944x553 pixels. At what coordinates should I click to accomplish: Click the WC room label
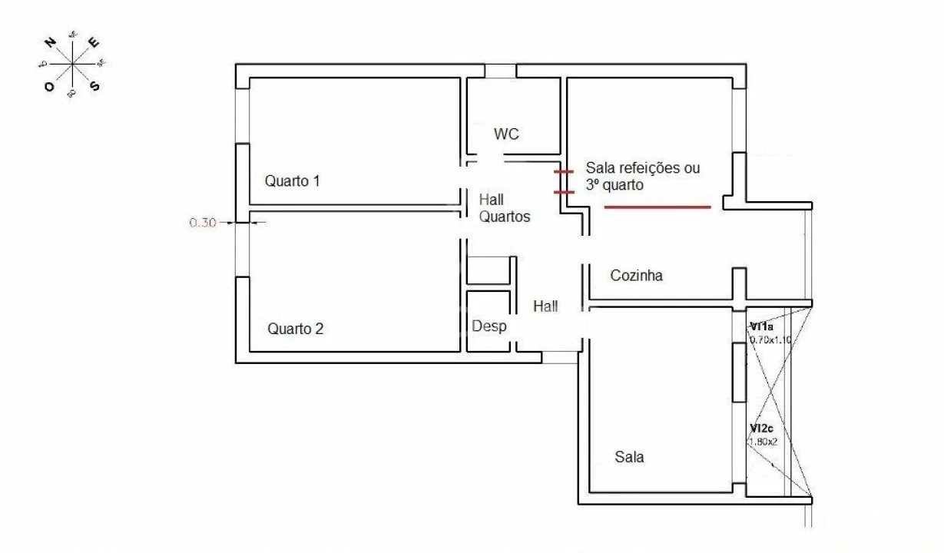point(506,134)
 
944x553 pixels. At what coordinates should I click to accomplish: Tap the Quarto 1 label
point(292,182)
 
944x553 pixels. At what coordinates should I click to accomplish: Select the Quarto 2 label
point(295,329)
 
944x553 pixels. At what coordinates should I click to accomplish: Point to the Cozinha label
point(636,275)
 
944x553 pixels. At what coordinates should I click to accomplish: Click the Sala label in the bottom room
point(629,457)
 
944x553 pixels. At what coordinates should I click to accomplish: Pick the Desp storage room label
point(489,326)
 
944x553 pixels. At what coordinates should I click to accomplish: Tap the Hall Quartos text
point(504,208)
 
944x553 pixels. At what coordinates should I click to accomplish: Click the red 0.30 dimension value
point(202,223)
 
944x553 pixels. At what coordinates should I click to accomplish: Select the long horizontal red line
point(657,207)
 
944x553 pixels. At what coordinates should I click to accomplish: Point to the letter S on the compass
point(95,85)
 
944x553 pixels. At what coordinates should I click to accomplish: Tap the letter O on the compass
point(49,87)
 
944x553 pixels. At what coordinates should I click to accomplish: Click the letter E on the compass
point(94,43)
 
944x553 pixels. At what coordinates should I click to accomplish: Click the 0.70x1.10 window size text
point(769,339)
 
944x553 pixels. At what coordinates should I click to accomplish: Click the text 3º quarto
point(614,185)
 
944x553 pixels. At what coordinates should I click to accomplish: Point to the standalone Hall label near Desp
point(545,306)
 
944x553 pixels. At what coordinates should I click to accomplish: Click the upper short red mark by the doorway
point(564,173)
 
